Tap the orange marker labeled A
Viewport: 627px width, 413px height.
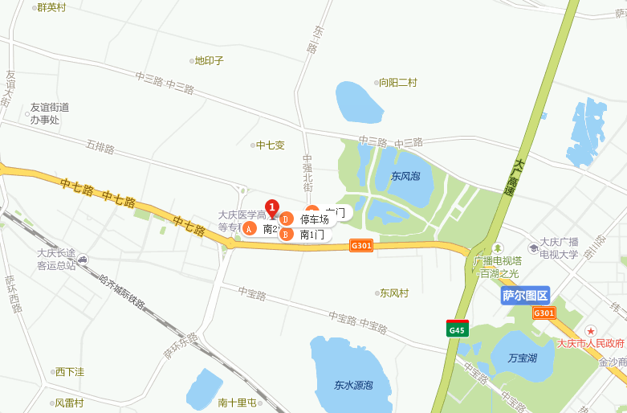point(250,229)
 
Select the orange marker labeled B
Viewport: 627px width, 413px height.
point(284,235)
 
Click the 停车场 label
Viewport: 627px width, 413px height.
point(314,219)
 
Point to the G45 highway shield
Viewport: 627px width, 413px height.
point(457,328)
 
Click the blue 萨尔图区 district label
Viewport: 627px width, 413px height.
point(525,296)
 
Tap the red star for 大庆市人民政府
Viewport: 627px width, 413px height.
point(591,330)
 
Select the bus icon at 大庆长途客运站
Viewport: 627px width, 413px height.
point(83,259)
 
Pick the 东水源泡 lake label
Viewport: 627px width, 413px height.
point(353,385)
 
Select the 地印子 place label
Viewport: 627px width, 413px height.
point(209,60)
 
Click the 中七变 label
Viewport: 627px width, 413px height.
point(270,145)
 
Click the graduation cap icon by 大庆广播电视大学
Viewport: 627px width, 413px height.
point(534,246)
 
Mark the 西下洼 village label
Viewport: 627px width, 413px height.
point(69,372)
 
